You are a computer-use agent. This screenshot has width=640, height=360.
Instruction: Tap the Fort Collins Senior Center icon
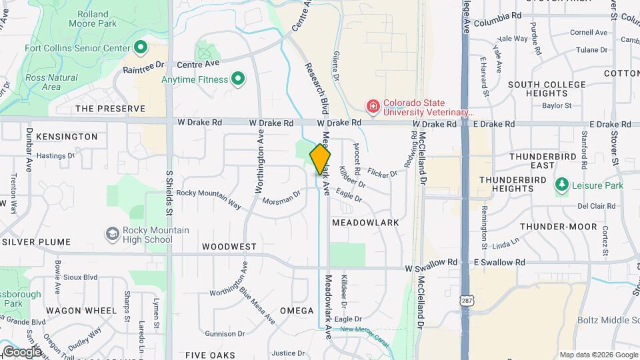tap(141, 47)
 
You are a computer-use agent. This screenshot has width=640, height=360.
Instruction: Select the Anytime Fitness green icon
tap(237, 80)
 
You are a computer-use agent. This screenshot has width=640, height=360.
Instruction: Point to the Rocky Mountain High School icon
tap(113, 234)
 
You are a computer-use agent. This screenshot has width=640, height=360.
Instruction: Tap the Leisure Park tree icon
tap(562, 185)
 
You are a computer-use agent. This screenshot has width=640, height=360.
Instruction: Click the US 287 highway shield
tap(465, 301)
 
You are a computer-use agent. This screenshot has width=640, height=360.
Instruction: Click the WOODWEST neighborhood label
tap(229, 247)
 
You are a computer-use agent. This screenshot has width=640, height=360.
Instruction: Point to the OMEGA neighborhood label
tap(297, 311)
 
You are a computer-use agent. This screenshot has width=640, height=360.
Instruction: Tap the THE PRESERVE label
tap(110, 109)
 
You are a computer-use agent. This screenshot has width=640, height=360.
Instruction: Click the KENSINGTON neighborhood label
tap(67, 137)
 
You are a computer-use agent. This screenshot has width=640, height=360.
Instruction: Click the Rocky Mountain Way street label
tap(208, 198)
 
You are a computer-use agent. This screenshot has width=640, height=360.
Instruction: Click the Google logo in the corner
tap(22, 351)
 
